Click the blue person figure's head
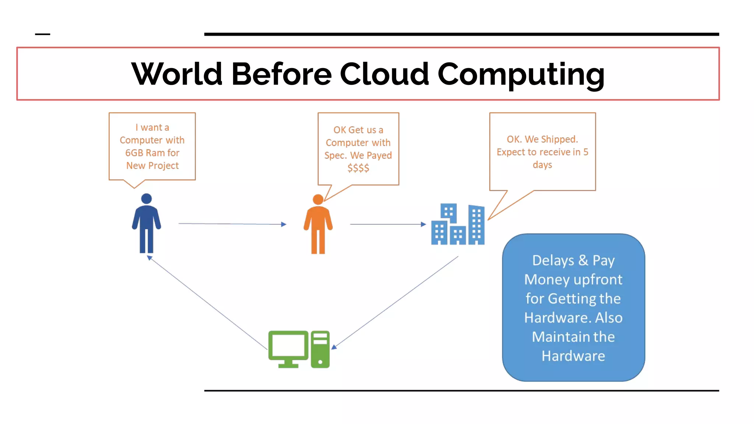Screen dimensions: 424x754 click(x=147, y=199)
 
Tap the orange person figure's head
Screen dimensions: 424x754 click(x=318, y=199)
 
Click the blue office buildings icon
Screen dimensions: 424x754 click(x=458, y=225)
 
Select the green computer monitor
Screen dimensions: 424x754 click(x=288, y=348)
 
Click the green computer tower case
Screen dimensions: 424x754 click(x=320, y=349)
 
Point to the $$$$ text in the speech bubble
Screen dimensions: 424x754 click(x=358, y=168)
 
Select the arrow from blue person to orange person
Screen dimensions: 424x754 click(x=232, y=223)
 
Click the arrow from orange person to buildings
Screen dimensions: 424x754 click(x=387, y=224)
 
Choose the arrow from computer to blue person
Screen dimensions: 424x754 click(x=208, y=303)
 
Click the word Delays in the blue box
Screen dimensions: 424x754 click(x=553, y=260)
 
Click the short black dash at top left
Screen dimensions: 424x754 click(x=42, y=34)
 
